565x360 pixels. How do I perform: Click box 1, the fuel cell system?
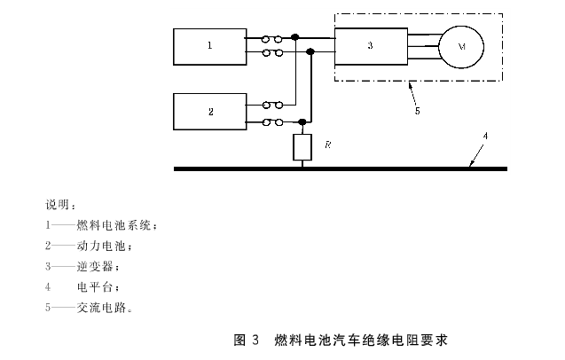[209, 45]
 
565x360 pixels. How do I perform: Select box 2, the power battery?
[209, 113]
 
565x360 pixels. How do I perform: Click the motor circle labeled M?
[459, 44]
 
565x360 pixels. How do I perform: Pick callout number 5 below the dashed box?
[417, 112]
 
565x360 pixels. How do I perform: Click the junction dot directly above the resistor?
[303, 121]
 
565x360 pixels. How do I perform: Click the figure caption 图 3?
[245, 340]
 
